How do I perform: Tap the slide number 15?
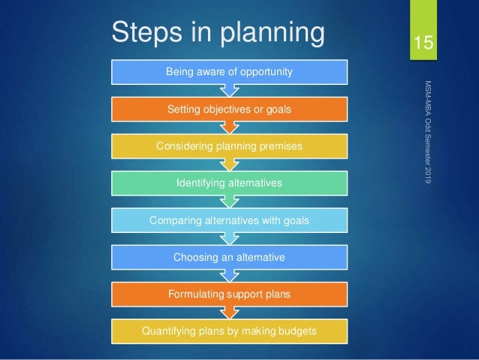(x=424, y=42)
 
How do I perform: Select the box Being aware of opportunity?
(x=229, y=71)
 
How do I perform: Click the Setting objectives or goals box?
(x=229, y=109)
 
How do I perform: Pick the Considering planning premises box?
(x=229, y=146)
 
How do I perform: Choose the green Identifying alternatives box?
(x=229, y=183)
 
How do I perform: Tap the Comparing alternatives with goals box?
(x=229, y=219)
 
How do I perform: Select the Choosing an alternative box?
(x=229, y=256)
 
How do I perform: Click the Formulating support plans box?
(x=229, y=293)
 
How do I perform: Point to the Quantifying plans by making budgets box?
(x=229, y=329)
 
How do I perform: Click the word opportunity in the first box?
(x=265, y=72)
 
